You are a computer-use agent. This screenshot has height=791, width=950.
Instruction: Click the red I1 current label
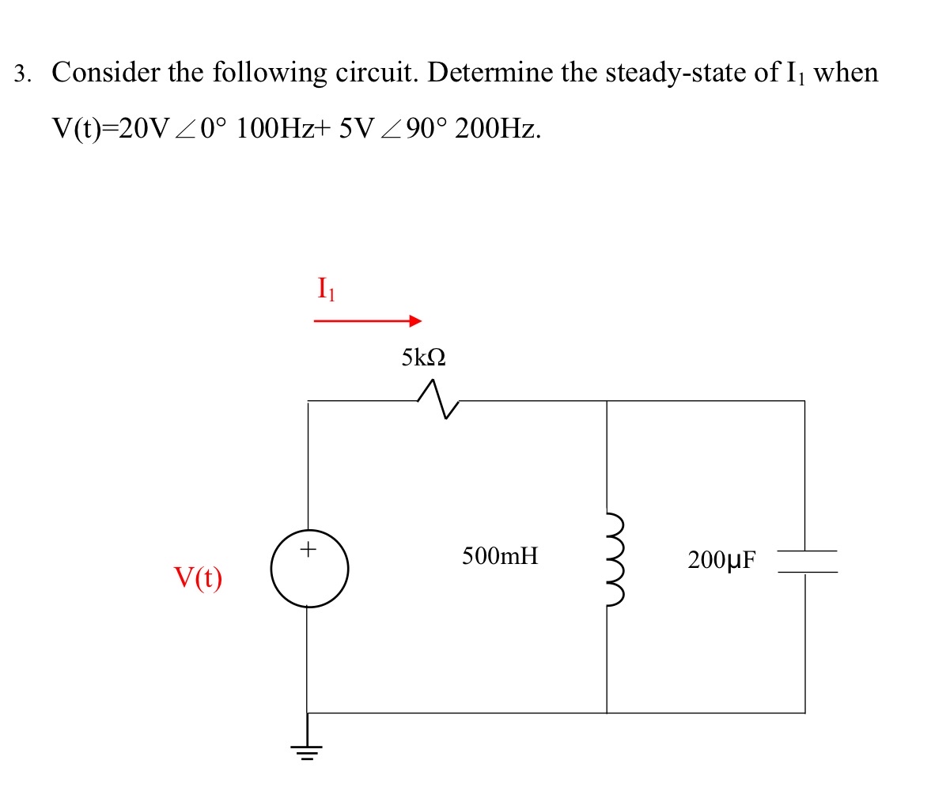point(326,290)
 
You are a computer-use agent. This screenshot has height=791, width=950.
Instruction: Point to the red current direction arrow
point(367,321)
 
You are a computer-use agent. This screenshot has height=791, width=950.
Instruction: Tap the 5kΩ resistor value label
point(423,358)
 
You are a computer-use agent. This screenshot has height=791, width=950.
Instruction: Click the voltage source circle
point(309,569)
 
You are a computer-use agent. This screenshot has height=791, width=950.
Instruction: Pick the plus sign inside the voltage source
point(309,547)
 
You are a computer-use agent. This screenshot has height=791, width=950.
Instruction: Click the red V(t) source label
point(198,579)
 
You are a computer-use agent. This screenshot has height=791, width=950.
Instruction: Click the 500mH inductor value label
point(500,556)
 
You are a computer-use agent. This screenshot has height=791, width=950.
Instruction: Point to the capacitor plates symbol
point(805,561)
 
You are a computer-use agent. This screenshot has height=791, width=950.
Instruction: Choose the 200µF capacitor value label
point(721,561)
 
